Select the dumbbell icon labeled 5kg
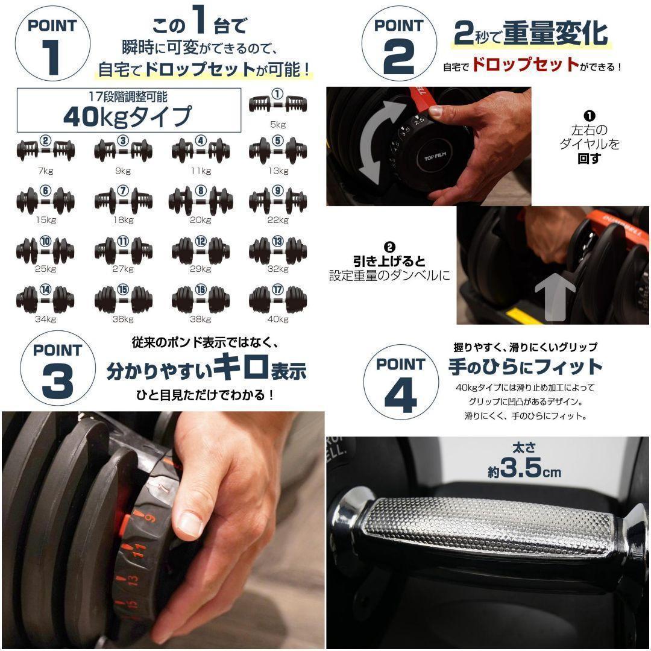tap(277, 104)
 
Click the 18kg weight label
tap(123, 220)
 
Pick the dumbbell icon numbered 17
tap(277, 298)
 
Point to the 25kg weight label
tap(45, 269)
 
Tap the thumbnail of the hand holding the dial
tap(163, 527)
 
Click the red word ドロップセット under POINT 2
tap(524, 65)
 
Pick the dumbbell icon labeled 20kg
tap(200, 201)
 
